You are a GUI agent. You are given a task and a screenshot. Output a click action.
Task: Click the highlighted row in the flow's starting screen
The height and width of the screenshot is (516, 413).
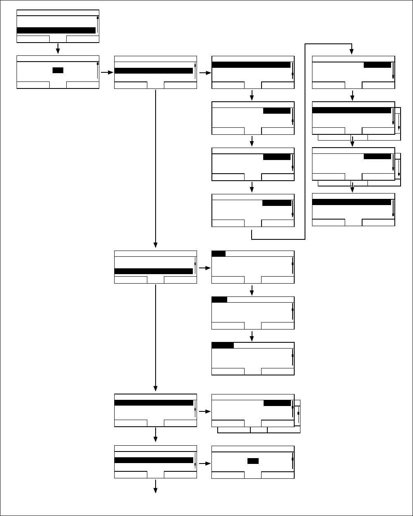click(56, 30)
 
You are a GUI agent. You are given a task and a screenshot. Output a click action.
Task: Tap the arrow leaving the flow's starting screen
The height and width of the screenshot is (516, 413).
click(58, 49)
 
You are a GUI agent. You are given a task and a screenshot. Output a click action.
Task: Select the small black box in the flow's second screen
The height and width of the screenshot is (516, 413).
click(58, 70)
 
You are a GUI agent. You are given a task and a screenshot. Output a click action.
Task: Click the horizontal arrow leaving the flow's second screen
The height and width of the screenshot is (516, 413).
click(106, 72)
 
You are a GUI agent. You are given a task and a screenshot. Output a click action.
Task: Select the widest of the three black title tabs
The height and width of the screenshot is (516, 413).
click(223, 345)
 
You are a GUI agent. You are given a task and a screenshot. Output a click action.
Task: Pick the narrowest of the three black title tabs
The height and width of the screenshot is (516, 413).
click(219, 253)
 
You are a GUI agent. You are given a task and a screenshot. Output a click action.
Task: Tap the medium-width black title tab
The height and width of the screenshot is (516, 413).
click(219, 299)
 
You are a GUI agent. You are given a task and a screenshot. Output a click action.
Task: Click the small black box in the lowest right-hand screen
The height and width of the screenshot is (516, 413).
click(253, 461)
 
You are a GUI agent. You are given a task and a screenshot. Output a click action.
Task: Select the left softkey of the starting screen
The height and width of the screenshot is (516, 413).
click(33, 39)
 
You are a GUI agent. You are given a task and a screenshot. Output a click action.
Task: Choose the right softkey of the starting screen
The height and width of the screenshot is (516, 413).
click(83, 39)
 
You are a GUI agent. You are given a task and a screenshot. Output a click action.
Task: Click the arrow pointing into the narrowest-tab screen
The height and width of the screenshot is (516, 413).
click(204, 268)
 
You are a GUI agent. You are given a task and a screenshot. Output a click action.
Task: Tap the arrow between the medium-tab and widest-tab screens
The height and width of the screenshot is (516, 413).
click(252, 336)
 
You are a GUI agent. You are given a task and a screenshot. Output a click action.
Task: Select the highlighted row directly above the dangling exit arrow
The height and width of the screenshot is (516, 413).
click(154, 460)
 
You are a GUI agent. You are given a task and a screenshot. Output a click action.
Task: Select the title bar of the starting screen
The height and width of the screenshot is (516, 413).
click(58, 13)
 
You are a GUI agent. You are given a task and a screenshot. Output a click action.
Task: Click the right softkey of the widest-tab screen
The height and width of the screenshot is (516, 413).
click(278, 372)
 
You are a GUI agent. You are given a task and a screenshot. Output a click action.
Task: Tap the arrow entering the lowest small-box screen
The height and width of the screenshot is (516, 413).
click(204, 463)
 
